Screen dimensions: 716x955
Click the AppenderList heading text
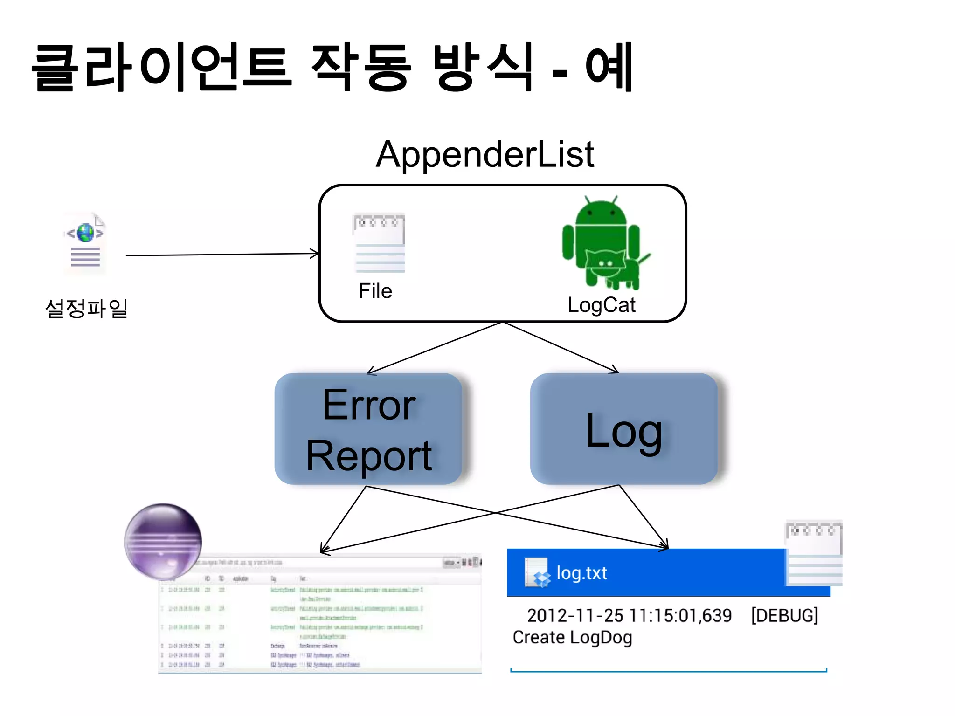(485, 155)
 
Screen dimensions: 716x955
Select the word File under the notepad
(375, 291)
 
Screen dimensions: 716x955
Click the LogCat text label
(601, 305)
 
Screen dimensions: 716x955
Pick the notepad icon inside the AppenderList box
(379, 243)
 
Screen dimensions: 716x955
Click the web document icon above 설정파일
(85, 244)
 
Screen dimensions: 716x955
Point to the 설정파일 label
(86, 308)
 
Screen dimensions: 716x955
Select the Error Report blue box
(368, 429)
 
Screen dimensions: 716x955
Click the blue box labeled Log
(623, 429)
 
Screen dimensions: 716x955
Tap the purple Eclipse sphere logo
(163, 541)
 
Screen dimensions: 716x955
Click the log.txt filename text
(581, 573)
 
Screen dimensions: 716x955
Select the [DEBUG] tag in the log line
(784, 615)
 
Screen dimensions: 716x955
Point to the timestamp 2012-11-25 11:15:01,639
(629, 615)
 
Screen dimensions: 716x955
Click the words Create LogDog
(572, 637)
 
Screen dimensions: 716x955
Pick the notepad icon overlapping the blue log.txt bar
(814, 553)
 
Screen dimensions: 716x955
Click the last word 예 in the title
(609, 66)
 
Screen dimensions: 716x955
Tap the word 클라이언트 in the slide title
(161, 66)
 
